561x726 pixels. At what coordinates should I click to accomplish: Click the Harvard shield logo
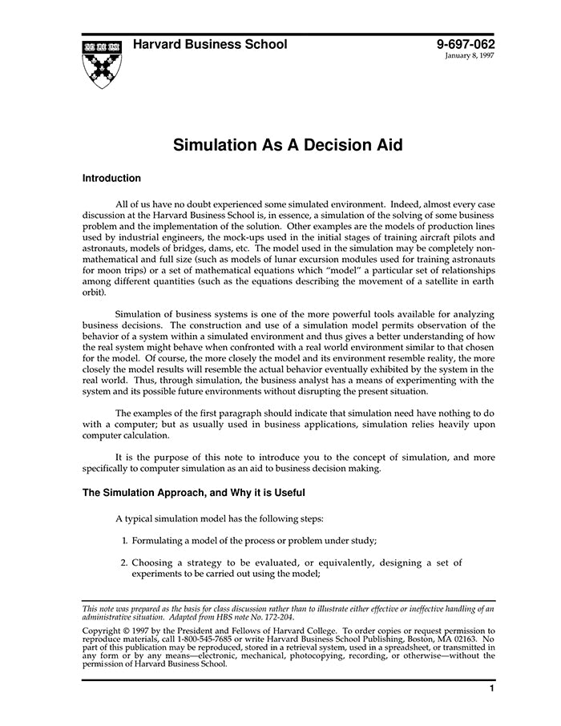[x=102, y=63]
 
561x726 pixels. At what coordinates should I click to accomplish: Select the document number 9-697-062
[x=466, y=45]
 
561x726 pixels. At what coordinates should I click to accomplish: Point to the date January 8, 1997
[x=470, y=57]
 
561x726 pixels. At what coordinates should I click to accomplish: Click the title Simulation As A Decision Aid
[x=288, y=145]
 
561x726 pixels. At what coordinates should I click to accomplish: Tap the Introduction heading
[x=111, y=179]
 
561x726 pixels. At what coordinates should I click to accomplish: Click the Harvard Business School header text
[x=209, y=45]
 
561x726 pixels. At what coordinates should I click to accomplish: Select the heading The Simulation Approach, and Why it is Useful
[x=193, y=493]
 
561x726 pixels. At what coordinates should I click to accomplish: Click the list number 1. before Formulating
[x=125, y=540]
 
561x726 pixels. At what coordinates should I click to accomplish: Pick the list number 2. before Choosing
[x=125, y=563]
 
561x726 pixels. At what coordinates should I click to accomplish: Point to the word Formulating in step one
[x=161, y=540]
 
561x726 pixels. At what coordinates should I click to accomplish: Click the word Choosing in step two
[x=152, y=563]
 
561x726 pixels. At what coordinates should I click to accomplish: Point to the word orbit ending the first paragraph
[x=94, y=294]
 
